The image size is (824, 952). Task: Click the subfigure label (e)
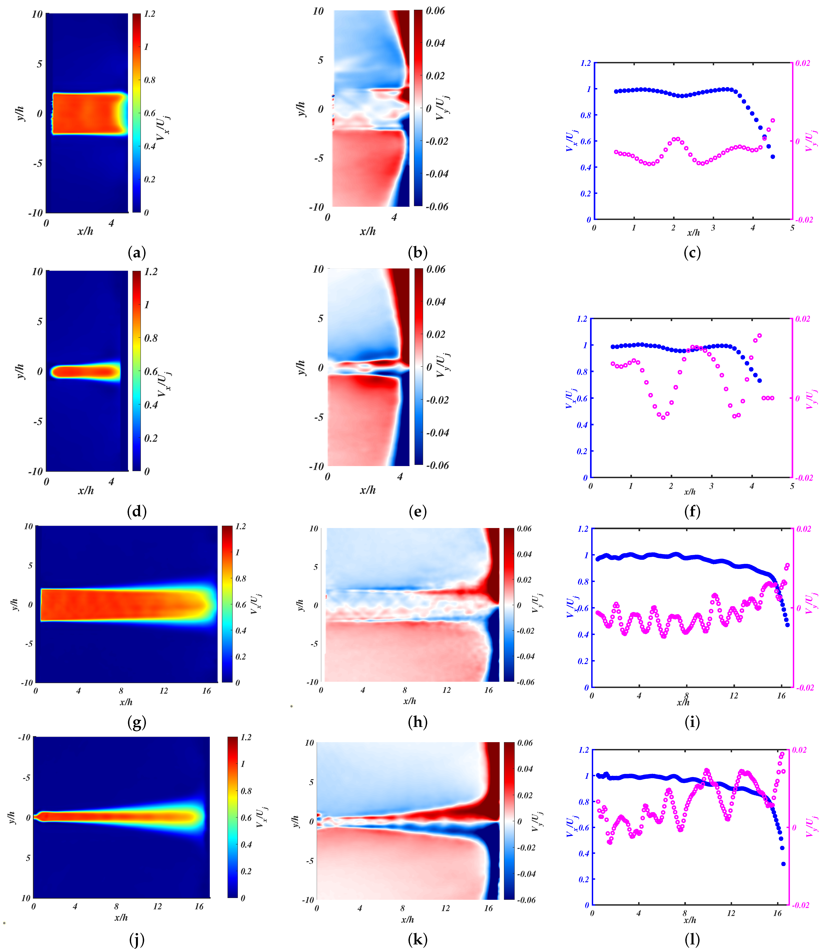[417, 511]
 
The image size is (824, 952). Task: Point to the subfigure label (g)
[137, 723]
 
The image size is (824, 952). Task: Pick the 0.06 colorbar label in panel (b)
[435, 11]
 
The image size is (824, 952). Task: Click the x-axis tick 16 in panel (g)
[206, 691]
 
